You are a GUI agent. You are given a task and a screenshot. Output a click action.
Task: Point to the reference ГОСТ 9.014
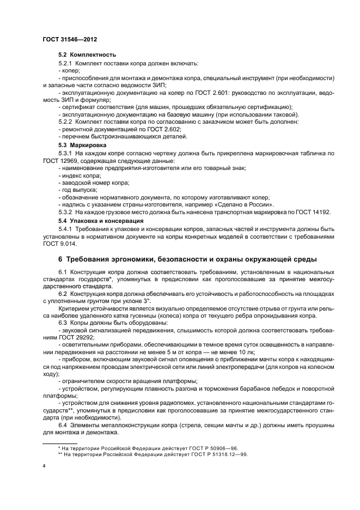[x=57, y=244]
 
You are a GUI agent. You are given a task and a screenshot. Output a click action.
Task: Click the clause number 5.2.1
[x=65, y=63]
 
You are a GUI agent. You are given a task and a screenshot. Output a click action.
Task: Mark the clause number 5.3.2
[x=65, y=211]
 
